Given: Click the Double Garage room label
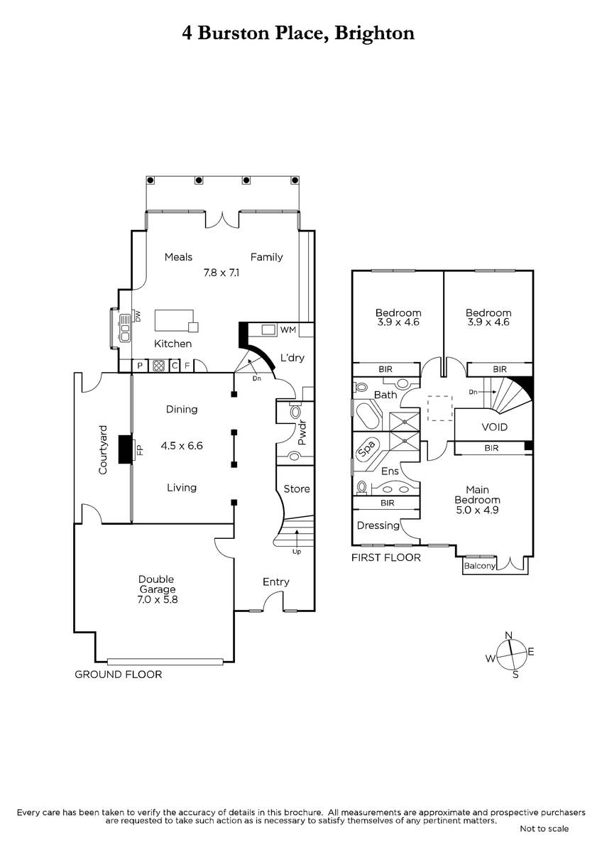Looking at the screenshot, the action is pyautogui.click(x=157, y=584).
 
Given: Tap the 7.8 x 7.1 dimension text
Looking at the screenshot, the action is pyautogui.click(x=221, y=273).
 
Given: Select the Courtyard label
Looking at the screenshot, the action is pyautogui.click(x=103, y=449).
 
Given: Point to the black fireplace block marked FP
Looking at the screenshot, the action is pyautogui.click(x=125, y=449).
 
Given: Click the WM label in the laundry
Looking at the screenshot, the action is pyautogui.click(x=288, y=329).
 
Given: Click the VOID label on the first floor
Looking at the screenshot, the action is pyautogui.click(x=494, y=427).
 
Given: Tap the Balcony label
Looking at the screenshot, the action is pyautogui.click(x=480, y=566).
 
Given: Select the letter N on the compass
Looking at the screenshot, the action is pyautogui.click(x=509, y=635).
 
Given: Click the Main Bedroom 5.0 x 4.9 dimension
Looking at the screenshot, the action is pyautogui.click(x=477, y=510).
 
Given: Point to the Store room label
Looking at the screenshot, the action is pyautogui.click(x=297, y=488).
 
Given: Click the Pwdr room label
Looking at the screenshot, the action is pyautogui.click(x=302, y=433).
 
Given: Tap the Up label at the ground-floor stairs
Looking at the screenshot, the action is pyautogui.click(x=297, y=552).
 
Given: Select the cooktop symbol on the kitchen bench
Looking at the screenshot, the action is pyautogui.click(x=158, y=366).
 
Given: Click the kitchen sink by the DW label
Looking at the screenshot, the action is pyautogui.click(x=125, y=327).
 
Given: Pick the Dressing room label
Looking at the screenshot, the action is pyautogui.click(x=378, y=525).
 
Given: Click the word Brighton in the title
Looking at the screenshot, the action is pyautogui.click(x=374, y=33).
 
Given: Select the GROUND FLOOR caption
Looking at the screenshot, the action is pyautogui.click(x=119, y=674).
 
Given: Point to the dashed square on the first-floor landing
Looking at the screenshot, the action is pyautogui.click(x=440, y=408).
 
